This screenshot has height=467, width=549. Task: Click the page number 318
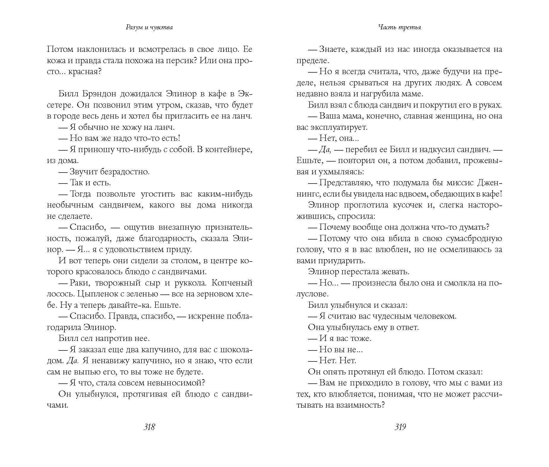pos(149,427)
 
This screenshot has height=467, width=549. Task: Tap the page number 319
pos(400,427)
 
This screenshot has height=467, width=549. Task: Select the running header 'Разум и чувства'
pos(149,28)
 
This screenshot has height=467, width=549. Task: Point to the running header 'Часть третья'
pos(399,28)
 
